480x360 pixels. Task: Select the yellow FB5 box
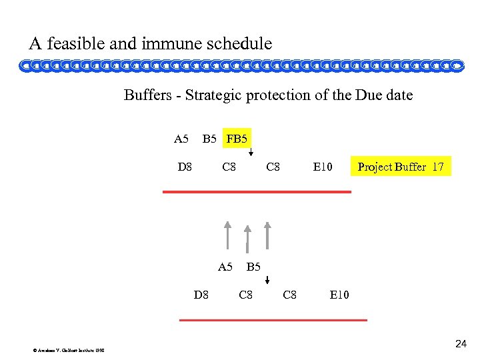point(237,139)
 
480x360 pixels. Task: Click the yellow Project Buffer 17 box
point(401,167)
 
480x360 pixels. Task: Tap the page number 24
point(461,344)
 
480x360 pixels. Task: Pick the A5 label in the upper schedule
point(181,139)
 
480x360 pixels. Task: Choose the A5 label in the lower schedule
point(225,267)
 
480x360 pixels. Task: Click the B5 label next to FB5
point(209,139)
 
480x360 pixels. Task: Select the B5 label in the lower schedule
point(253,267)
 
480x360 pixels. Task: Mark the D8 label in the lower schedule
point(201,295)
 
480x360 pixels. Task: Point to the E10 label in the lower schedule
point(339,295)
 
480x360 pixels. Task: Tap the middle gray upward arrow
point(247,238)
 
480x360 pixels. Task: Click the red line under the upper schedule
point(257,192)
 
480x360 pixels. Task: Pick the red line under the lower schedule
point(273,320)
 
